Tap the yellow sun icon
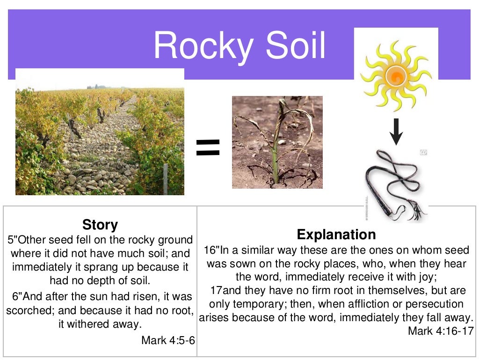(396, 75)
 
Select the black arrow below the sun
(396, 132)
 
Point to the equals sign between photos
(208, 148)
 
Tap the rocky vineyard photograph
(100, 136)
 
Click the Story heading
(100, 225)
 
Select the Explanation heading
(336, 234)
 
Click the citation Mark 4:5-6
(168, 340)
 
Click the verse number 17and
(222, 291)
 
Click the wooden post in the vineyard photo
(166, 179)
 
